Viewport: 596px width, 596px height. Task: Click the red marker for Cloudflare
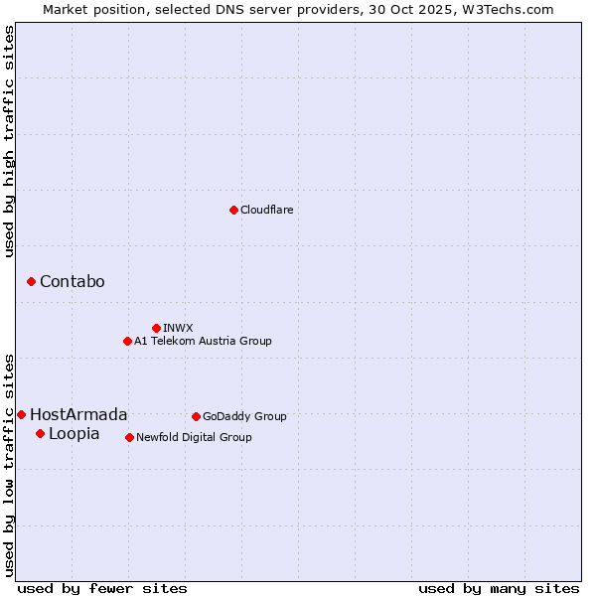click(x=233, y=210)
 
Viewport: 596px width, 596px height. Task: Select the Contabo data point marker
click(x=31, y=282)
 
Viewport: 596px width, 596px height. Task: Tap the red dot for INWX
click(x=156, y=328)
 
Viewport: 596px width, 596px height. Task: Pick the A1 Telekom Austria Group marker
click(x=127, y=341)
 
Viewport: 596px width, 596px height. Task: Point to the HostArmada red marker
click(x=21, y=414)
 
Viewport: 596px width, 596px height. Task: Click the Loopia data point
click(x=40, y=433)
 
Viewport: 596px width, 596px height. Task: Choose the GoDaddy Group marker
click(x=196, y=416)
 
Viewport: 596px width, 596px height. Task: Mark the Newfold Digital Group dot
click(x=129, y=437)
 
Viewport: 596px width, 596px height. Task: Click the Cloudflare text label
click(x=266, y=210)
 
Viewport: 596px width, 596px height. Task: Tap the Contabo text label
click(x=72, y=282)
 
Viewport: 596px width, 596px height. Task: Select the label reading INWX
click(x=178, y=328)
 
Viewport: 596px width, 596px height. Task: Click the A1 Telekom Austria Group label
click(x=203, y=341)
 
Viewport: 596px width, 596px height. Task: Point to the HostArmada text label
click(x=78, y=414)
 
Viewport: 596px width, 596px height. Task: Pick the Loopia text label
click(x=74, y=433)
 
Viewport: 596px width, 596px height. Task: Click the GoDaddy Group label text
click(x=244, y=416)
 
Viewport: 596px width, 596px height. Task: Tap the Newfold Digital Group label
click(x=194, y=437)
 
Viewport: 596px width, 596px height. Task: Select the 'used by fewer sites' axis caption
click(x=102, y=588)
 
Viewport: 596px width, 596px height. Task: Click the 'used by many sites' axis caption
click(x=499, y=588)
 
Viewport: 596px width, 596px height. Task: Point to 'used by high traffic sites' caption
click(x=9, y=141)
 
